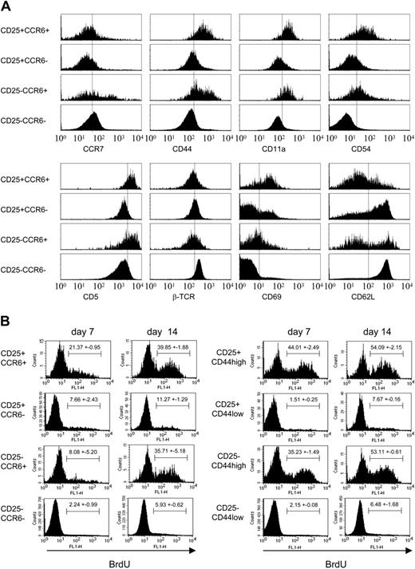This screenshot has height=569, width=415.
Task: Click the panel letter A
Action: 7,6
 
